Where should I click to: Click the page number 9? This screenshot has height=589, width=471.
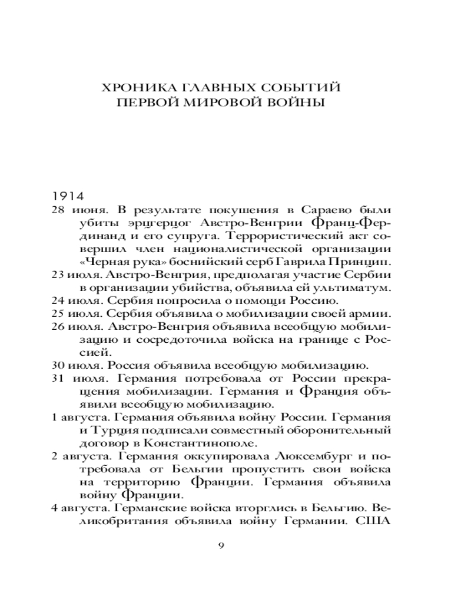tap(221, 545)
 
